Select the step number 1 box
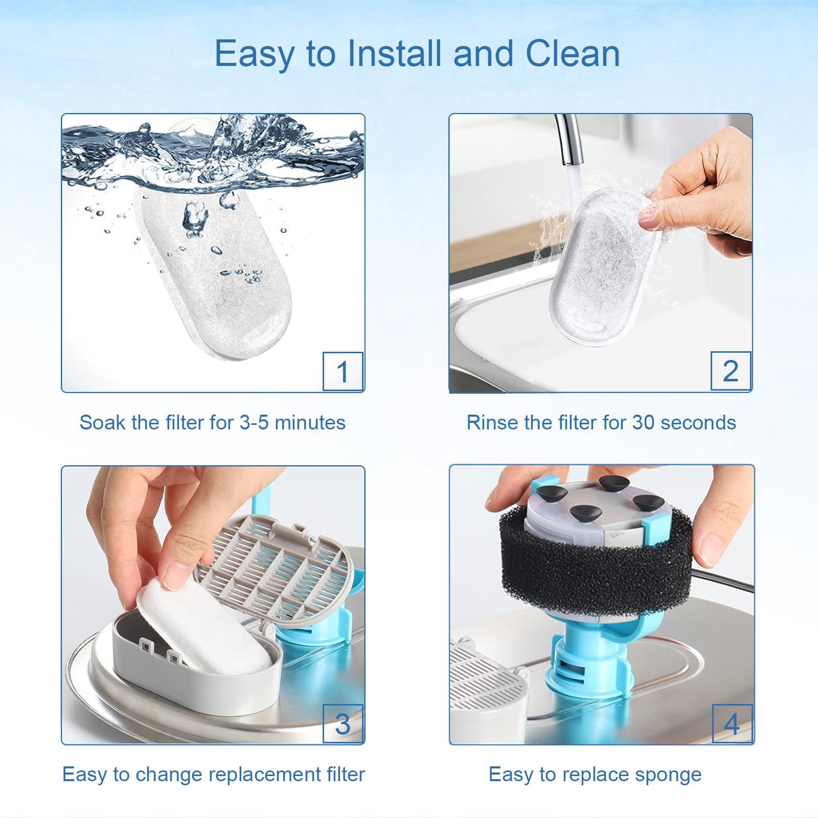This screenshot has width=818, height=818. coord(343,371)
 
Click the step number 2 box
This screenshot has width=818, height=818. coord(731,371)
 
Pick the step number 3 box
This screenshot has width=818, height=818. coord(343,723)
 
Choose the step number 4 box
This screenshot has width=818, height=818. coord(732,723)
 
